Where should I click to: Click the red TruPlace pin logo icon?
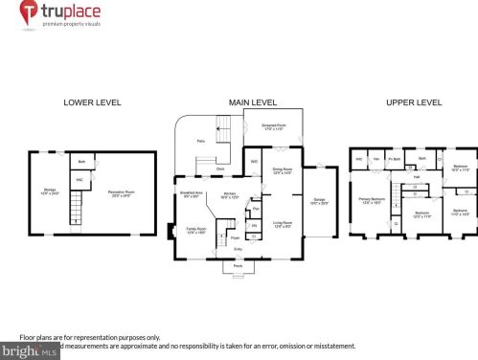pos(30,13)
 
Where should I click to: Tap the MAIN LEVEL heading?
pos(252,102)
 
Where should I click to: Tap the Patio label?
pos(201,141)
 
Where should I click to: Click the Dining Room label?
pos(283,170)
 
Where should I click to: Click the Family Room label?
pos(196,231)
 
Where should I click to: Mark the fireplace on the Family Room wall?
pos(171,231)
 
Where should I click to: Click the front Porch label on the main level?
pos(239,264)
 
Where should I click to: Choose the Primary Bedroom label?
pos(371,200)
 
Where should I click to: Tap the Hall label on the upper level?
pos(416,177)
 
